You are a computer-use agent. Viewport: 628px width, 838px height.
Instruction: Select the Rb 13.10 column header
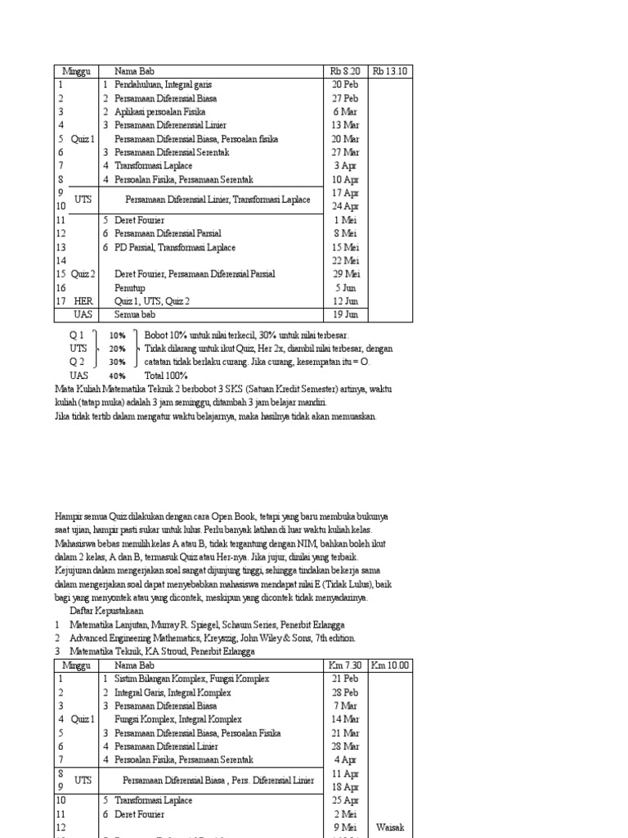390,71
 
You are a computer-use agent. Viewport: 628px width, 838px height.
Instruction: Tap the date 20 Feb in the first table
345,84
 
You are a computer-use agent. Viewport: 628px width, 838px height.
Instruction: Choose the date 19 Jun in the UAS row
345,314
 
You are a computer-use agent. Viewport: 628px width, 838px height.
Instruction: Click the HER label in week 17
84,301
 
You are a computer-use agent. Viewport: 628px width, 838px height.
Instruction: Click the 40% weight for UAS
118,376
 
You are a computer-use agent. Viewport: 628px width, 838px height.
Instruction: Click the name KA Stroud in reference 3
168,651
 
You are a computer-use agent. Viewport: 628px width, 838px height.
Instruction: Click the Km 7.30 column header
345,665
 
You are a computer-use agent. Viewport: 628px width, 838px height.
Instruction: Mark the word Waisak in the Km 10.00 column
390,827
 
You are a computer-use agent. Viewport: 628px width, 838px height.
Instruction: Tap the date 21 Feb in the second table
345,678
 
